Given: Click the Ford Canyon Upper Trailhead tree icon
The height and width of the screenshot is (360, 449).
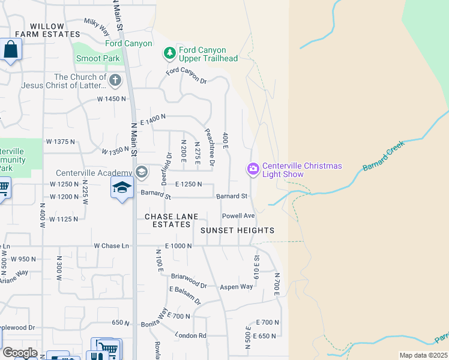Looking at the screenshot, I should (x=170, y=53).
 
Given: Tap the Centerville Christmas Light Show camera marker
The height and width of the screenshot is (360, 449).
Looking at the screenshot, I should (x=253, y=170).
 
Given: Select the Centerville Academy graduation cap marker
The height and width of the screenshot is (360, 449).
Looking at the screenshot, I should (x=141, y=173).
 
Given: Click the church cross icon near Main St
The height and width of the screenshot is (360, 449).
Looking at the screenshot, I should (x=115, y=80).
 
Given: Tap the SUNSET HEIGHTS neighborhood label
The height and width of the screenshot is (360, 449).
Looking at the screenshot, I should (x=237, y=230).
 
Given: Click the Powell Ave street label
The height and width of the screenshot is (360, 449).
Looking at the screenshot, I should (x=238, y=215).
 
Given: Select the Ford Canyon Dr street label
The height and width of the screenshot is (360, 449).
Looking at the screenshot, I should (x=186, y=76).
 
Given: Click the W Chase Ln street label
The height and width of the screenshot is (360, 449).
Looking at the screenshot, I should (x=111, y=246).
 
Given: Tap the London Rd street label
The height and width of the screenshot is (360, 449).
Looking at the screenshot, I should (x=191, y=335).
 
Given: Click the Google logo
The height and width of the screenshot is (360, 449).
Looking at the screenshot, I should (x=19, y=353).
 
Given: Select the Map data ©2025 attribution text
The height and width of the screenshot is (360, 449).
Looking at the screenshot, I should (x=423, y=355).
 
